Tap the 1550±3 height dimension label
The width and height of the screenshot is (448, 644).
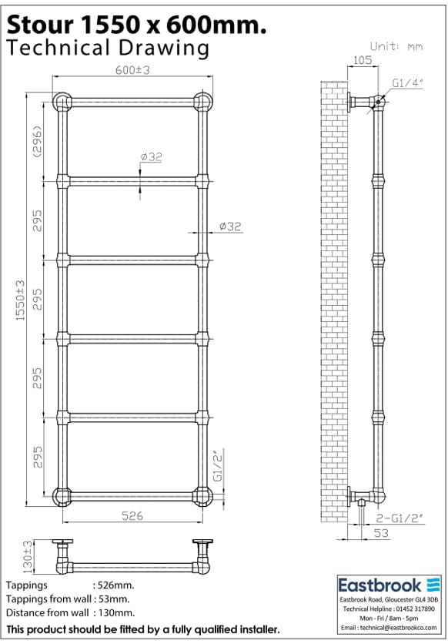(x=22, y=300)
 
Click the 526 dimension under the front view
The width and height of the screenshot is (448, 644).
(x=132, y=516)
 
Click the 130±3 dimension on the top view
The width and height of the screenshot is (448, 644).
(x=29, y=557)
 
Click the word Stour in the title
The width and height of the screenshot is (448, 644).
(x=38, y=25)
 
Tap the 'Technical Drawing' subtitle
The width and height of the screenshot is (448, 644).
(x=108, y=48)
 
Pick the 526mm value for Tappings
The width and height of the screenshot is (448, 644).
(x=113, y=585)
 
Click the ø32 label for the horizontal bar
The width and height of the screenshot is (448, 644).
(x=151, y=157)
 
